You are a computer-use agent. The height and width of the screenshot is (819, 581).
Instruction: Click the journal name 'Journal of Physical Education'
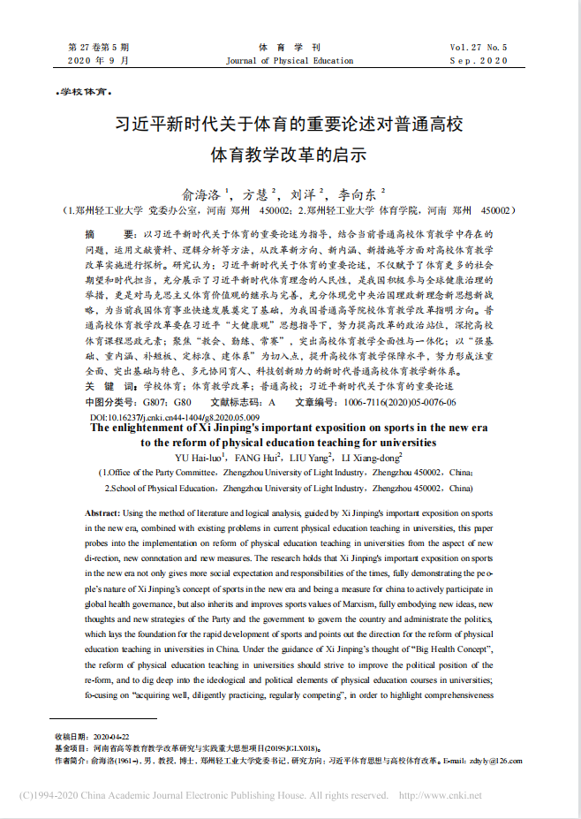coord(290,61)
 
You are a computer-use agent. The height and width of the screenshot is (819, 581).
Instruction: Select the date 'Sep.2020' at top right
coord(479,61)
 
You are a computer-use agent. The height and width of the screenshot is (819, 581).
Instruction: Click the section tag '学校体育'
coord(83,92)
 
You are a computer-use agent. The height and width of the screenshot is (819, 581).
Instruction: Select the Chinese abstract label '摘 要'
coord(102,233)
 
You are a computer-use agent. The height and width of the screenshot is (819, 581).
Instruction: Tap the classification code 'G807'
coord(155,402)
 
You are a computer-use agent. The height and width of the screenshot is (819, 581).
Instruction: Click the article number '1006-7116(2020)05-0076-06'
coord(402,402)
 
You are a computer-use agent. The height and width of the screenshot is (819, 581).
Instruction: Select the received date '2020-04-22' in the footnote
coord(111,735)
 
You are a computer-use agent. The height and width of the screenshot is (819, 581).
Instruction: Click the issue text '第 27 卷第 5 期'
coord(99,47)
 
